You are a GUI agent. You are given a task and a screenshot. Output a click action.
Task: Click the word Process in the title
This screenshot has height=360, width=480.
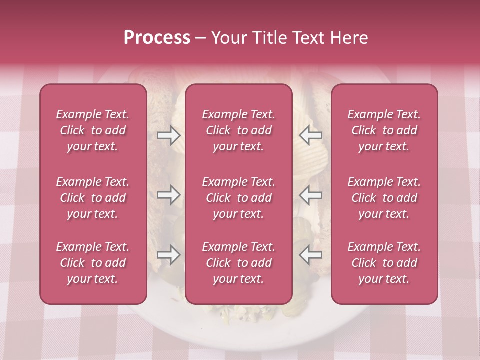coord(157,38)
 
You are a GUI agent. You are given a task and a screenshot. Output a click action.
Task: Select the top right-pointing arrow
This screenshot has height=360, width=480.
coord(169,135)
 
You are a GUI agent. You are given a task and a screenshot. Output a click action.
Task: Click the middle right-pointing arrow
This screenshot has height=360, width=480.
coord(169,195)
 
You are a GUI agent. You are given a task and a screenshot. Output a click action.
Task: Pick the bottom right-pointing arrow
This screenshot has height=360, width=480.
coord(169,255)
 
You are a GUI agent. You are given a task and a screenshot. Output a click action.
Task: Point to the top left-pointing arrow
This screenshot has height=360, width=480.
coord(311,135)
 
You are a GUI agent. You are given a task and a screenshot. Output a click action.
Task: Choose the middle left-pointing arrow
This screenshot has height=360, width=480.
coord(311,195)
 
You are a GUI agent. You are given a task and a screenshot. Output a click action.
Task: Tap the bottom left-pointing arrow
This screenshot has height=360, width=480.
coord(311,255)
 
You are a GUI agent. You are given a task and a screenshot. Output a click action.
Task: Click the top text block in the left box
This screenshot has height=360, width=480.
coord(93,130)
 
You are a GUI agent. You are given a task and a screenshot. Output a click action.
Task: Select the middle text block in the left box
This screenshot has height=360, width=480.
coord(93,198)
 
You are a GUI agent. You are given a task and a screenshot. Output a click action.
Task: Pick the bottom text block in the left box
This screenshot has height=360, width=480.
coord(93,263)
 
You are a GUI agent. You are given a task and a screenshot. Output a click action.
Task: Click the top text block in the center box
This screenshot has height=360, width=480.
coord(239,130)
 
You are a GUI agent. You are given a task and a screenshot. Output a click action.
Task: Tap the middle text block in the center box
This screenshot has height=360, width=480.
coord(239,198)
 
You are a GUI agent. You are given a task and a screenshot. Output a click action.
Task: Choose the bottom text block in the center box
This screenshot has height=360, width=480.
coord(239,263)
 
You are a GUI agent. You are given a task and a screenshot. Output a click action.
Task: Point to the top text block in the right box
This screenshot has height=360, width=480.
coord(384,130)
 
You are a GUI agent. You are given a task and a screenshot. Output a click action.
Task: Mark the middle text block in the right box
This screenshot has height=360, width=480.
coord(384,198)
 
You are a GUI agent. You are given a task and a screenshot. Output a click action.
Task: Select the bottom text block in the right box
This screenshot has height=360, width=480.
coord(384,263)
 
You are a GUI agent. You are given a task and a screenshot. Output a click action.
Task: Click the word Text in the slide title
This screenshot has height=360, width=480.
coord(310,38)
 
